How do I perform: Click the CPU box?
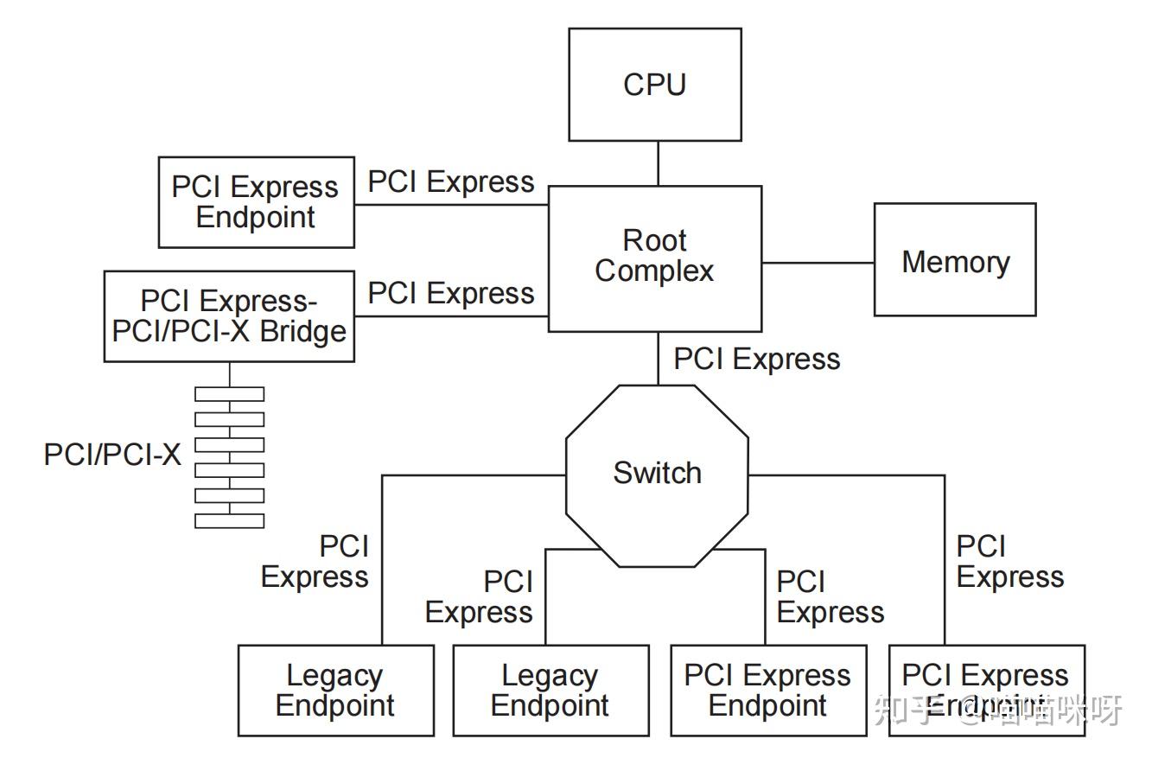[x=654, y=85]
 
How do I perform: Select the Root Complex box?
[x=654, y=258]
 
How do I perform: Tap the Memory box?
[x=954, y=260]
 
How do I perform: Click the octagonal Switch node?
[x=657, y=475]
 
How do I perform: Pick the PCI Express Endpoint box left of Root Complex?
[x=256, y=202]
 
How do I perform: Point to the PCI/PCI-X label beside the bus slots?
[x=112, y=455]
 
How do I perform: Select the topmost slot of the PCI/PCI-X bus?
[x=229, y=394]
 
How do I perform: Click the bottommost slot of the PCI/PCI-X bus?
[x=229, y=521]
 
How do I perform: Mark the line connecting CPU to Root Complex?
[x=658, y=163]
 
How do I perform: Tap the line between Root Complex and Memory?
[x=817, y=262]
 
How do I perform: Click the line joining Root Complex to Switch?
[x=658, y=358]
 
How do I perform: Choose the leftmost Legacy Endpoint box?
[x=335, y=691]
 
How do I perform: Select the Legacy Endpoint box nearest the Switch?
[x=551, y=691]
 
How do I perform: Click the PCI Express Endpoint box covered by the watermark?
[x=986, y=691]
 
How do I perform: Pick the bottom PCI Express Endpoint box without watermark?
[x=768, y=691]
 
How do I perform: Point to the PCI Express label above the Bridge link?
[x=451, y=294]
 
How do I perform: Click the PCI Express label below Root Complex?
[x=756, y=360]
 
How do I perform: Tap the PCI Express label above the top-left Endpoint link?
[x=451, y=182]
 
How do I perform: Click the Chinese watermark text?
[x=998, y=710]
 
